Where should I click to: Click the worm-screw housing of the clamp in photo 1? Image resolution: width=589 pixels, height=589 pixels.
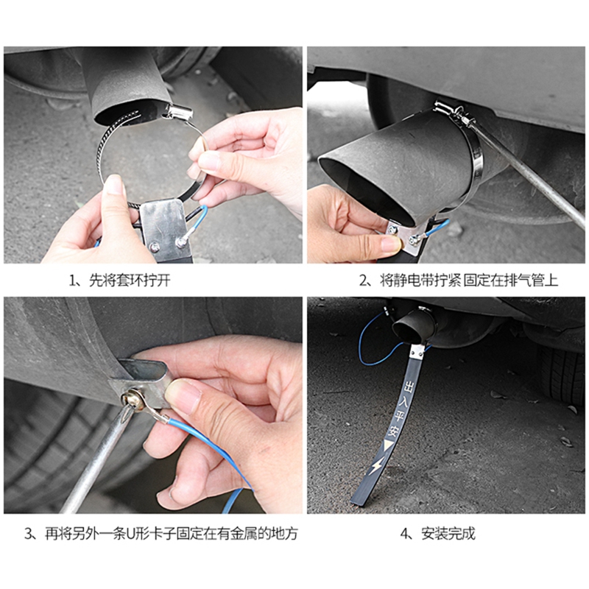[179, 112]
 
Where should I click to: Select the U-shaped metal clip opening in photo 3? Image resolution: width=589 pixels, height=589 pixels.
[143, 370]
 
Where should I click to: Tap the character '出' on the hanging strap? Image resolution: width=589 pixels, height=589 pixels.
[409, 387]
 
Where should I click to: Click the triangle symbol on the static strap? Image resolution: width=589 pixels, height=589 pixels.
[388, 447]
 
